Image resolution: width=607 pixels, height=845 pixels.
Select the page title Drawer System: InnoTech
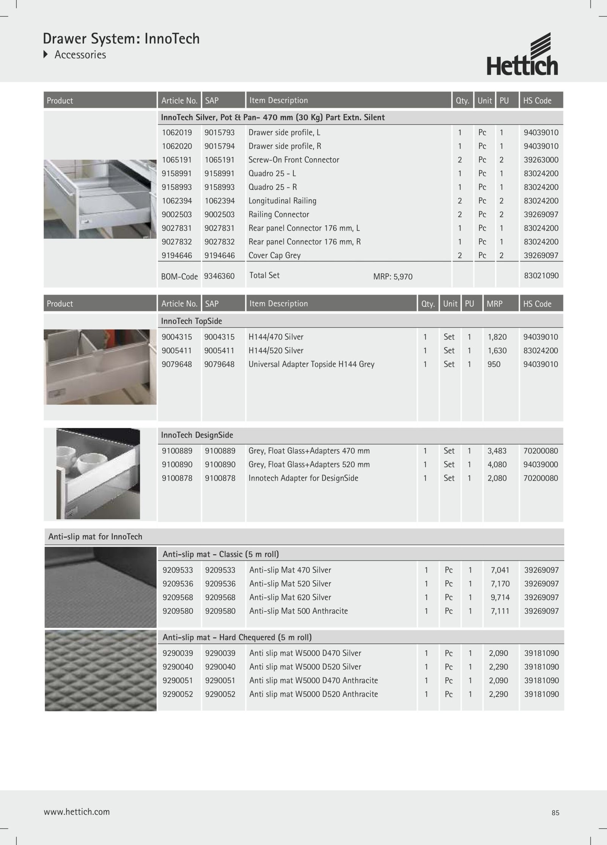coord(121,39)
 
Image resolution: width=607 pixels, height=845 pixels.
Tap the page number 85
coord(555,813)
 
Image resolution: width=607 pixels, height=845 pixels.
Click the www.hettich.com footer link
coord(77,812)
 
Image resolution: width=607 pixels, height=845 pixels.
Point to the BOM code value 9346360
coord(219,276)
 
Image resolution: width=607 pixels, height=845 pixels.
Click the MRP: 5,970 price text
coord(393,277)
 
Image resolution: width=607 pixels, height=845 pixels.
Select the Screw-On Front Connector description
coord(294,160)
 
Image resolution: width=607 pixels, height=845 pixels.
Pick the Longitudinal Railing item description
coord(282,201)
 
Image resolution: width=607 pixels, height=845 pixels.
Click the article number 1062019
coord(177,132)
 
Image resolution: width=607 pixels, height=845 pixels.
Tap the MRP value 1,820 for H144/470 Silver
coord(497,337)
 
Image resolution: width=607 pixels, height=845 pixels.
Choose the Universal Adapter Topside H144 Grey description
coord(311,364)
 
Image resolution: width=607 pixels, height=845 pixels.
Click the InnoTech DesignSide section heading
coord(197,435)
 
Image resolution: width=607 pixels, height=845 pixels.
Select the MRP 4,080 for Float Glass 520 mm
coord(497,464)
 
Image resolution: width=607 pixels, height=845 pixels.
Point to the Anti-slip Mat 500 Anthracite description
coord(298,611)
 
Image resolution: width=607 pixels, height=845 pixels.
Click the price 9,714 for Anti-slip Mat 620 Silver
coord(500,597)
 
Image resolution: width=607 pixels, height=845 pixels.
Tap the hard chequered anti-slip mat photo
coord(101,670)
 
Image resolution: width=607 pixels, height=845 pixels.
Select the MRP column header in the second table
coord(494,304)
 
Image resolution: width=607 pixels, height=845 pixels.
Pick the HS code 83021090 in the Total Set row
coord(541,276)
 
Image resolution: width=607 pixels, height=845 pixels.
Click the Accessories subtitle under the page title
coord(80,55)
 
